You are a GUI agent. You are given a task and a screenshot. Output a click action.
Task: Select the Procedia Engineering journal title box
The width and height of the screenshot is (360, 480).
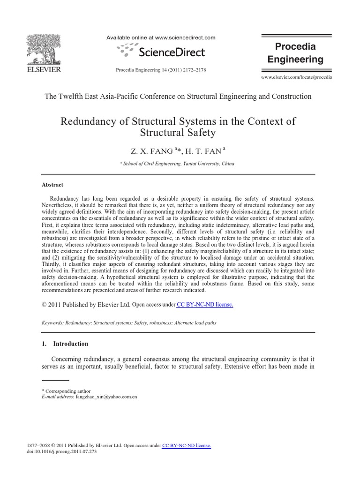[x=295, y=53]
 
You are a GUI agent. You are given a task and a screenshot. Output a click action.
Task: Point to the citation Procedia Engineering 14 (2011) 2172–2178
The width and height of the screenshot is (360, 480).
[x=161, y=70]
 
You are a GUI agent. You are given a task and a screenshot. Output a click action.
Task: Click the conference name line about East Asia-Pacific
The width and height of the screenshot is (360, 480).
[x=178, y=97]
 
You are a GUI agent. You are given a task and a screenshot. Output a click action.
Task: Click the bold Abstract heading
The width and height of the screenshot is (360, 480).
[x=52, y=185]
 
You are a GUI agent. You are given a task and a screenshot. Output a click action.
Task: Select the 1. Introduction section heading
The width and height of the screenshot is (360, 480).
[x=65, y=344]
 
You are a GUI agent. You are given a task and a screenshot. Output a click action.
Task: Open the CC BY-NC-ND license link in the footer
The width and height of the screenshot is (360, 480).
[x=187, y=445]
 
